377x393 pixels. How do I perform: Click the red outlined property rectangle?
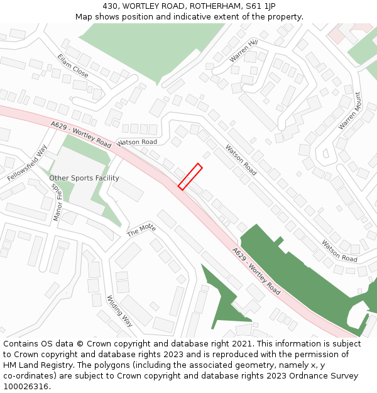(190, 177)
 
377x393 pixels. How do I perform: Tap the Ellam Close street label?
(72, 65)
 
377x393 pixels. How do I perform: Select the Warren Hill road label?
(243, 50)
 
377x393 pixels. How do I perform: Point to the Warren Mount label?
(350, 111)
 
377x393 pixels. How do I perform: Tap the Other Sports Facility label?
(84, 179)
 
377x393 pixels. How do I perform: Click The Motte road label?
(141, 230)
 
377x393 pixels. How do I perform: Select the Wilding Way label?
(119, 311)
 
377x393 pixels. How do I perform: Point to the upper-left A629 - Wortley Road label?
(82, 135)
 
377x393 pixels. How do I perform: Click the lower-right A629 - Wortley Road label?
(256, 271)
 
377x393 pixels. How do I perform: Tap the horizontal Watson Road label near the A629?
(136, 143)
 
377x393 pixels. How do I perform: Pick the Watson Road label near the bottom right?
(339, 251)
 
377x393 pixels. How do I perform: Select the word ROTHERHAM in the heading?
(211, 6)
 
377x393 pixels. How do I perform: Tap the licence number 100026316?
(26, 387)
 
